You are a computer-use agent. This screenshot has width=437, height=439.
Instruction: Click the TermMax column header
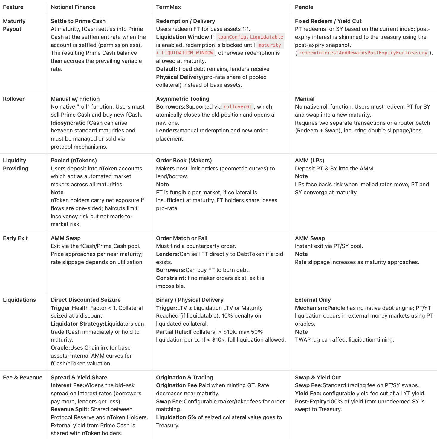[x=168, y=7]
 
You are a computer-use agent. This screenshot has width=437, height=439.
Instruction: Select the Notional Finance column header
[x=73, y=7]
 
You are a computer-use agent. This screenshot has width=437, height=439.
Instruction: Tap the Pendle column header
[x=304, y=7]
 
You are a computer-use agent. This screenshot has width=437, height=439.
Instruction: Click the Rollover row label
[x=14, y=99]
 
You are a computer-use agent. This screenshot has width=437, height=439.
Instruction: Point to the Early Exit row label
[x=15, y=238]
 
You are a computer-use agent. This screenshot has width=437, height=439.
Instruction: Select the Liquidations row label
[x=19, y=300]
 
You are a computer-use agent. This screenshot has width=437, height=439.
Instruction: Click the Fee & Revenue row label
[x=23, y=377]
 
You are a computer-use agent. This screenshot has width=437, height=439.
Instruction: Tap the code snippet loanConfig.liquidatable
[x=250, y=37]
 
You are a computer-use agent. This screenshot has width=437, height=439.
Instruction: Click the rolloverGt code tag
[x=238, y=106]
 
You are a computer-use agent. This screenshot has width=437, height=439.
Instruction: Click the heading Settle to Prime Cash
[x=78, y=21]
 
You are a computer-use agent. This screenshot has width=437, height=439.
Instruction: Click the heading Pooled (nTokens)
[x=74, y=160]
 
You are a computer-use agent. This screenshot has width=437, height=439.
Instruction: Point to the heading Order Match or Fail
[x=181, y=238]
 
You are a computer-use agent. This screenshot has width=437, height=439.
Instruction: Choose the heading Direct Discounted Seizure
[x=85, y=300]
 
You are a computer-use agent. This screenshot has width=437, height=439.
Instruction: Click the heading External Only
[x=313, y=300]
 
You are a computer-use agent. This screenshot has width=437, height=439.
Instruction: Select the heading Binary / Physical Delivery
[x=190, y=300]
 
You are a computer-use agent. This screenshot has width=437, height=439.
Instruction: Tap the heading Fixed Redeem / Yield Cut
[x=328, y=21]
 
